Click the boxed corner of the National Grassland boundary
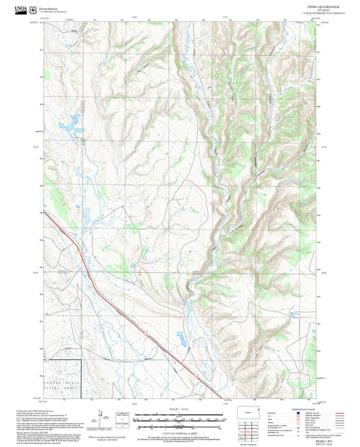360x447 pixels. (x=81, y=361)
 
